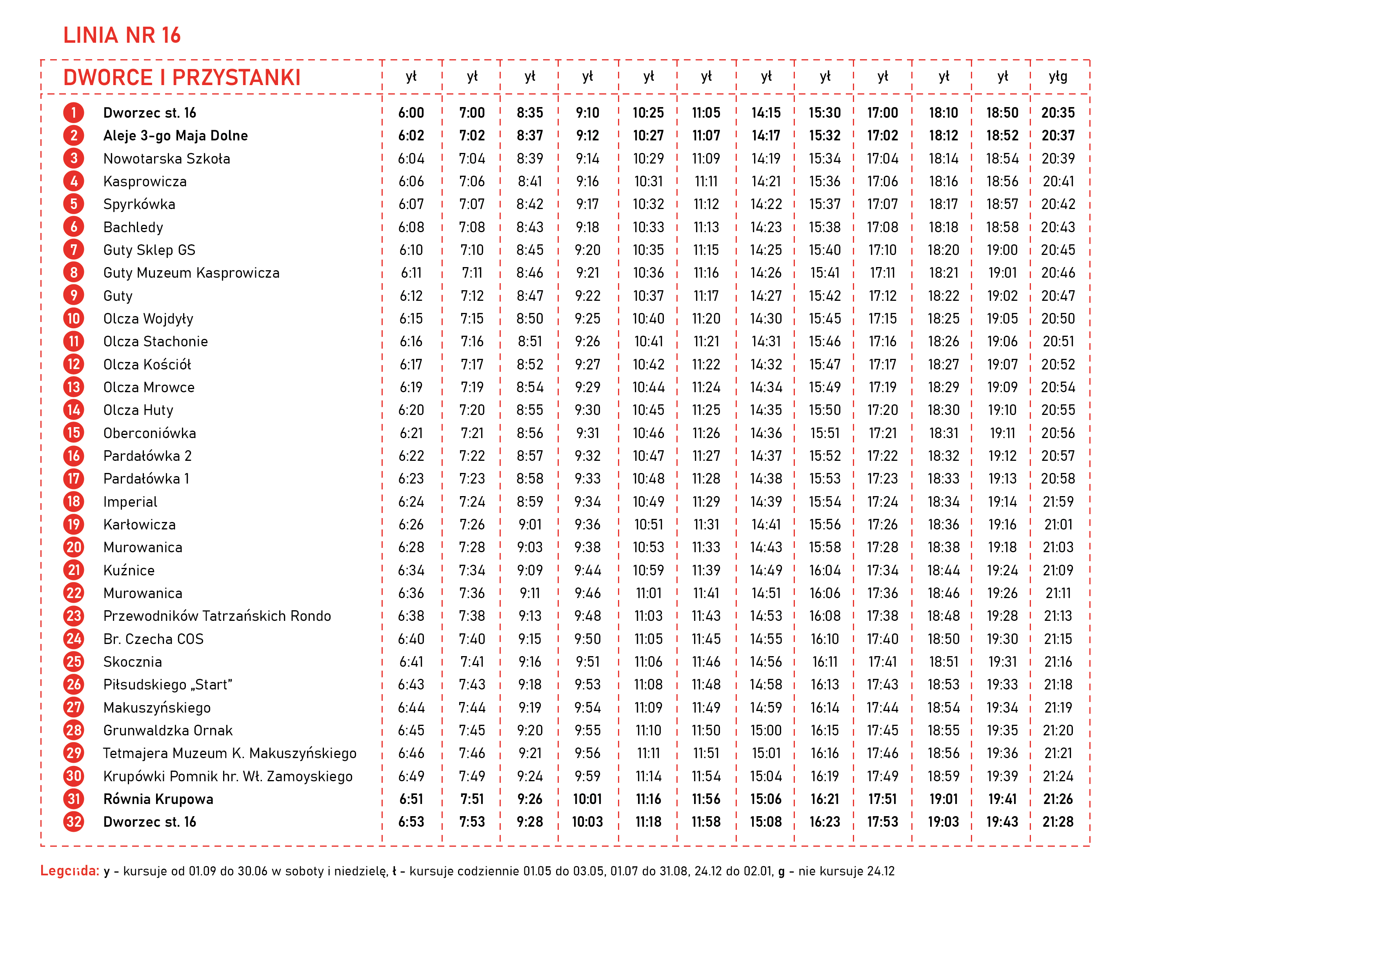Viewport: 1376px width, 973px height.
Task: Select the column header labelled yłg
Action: (x=1058, y=76)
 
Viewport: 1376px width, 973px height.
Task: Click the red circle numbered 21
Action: (x=74, y=570)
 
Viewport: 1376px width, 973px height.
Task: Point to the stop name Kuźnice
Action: (x=129, y=570)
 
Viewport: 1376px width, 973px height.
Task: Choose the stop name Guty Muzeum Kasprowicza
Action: (x=191, y=273)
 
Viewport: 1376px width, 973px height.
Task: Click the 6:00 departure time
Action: (x=411, y=113)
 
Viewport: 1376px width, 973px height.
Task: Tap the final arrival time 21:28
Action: (x=1058, y=822)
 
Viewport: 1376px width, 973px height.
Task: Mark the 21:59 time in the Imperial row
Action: (x=1058, y=502)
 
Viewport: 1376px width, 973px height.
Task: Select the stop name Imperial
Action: (x=130, y=502)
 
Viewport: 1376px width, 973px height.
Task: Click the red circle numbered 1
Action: (x=74, y=113)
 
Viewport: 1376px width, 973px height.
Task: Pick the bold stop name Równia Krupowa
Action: (x=158, y=799)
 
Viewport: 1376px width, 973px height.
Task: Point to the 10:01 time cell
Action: (x=587, y=799)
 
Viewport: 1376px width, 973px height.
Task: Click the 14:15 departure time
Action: (x=766, y=113)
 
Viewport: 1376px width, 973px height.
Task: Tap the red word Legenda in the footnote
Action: (x=69, y=871)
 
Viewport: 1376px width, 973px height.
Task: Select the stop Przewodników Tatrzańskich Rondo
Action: (x=217, y=616)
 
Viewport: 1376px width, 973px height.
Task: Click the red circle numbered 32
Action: (x=74, y=822)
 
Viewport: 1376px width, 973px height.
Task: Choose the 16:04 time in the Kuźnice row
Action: (x=825, y=570)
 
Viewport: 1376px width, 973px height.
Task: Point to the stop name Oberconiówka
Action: (x=149, y=433)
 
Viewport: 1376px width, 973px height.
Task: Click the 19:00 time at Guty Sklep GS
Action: (x=1002, y=250)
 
